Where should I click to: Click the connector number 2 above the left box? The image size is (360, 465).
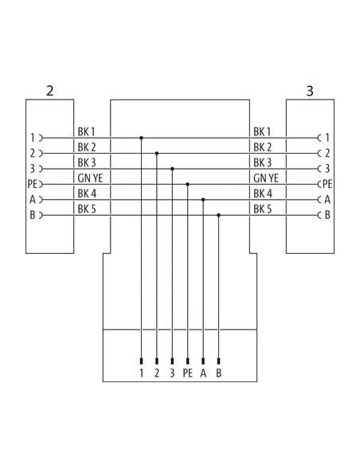[x=50, y=91]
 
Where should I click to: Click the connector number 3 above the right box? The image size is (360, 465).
[x=310, y=91]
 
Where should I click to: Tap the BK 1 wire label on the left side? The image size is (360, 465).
[x=86, y=131]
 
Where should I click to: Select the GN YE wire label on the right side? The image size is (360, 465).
[x=266, y=178]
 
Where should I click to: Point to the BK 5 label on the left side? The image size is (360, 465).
[x=87, y=209]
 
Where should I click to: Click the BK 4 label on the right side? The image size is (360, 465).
[x=263, y=193]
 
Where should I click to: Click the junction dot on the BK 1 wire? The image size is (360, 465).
[x=142, y=138]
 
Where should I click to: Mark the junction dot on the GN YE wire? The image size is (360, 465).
[x=187, y=184]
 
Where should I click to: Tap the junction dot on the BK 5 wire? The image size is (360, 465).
[x=218, y=215]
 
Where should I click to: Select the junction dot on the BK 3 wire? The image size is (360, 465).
[x=172, y=169]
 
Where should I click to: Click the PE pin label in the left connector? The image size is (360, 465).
[x=32, y=184]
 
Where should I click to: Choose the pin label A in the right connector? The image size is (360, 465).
[x=327, y=200]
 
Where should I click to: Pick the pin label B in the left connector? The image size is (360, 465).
[x=33, y=215]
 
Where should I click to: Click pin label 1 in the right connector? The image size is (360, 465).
[x=327, y=138]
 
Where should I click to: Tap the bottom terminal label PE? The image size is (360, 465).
[x=188, y=373]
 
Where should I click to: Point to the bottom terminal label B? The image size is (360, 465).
[x=219, y=373]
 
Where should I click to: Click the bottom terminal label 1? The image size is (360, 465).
[x=142, y=373]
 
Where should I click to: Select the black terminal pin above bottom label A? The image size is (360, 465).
[x=203, y=361]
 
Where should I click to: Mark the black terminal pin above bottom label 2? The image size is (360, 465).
[x=157, y=361]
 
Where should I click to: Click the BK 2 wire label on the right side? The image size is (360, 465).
[x=263, y=147]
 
